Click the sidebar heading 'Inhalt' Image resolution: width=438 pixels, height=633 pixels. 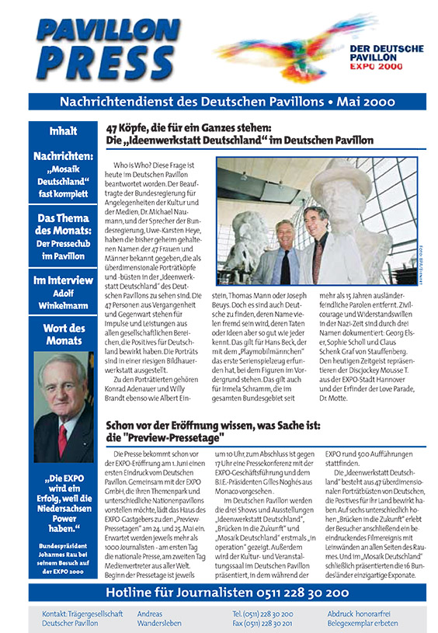(62, 130)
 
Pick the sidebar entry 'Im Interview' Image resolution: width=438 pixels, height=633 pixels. (62, 280)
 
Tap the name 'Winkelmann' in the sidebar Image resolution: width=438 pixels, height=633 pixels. (62, 305)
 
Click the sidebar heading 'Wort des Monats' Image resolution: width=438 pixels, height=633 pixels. (62, 333)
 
